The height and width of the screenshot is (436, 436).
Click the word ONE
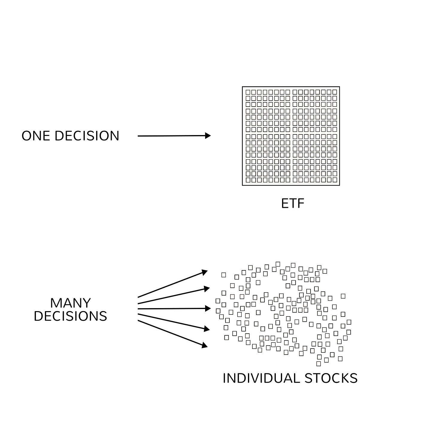(x=36, y=136)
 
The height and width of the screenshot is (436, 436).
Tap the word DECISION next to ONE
(x=87, y=136)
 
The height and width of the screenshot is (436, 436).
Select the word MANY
(x=70, y=303)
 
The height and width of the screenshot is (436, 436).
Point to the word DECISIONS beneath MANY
(x=70, y=316)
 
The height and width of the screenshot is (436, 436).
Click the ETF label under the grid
(x=293, y=204)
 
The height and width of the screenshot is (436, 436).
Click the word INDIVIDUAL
(x=261, y=378)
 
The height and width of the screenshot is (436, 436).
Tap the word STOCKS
(x=331, y=378)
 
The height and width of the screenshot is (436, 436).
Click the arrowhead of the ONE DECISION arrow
(x=208, y=136)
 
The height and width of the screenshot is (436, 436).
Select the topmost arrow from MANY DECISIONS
(x=172, y=284)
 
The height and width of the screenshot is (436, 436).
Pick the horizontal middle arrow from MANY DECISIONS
(x=174, y=308)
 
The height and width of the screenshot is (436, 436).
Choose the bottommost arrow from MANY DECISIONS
(x=172, y=334)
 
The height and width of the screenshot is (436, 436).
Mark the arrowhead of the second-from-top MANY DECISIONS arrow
(x=207, y=288)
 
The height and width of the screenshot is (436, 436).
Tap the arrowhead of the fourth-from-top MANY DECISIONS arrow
(x=207, y=329)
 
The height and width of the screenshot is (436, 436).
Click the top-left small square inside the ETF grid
(x=248, y=92)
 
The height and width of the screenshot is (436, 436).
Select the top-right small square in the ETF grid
(x=334, y=92)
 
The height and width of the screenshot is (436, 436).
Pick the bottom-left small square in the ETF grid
(x=248, y=180)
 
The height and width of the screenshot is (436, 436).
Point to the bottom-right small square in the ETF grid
(x=334, y=180)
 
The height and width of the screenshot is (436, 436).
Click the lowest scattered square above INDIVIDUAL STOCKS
(x=319, y=364)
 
